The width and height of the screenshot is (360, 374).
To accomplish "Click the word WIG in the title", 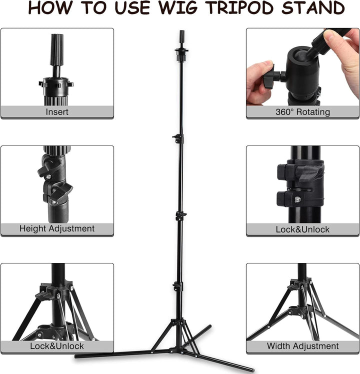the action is pyautogui.click(x=177, y=7).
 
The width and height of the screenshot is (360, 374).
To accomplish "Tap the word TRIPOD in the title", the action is pyautogui.click(x=240, y=7).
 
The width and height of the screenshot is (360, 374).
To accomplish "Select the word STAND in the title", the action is pyautogui.click(x=313, y=7).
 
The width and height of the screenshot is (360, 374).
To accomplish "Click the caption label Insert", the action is pyautogui.click(x=57, y=112).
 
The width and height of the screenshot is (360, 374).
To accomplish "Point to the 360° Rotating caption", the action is pyautogui.click(x=302, y=112).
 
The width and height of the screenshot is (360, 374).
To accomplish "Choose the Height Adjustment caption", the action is pyautogui.click(x=57, y=228).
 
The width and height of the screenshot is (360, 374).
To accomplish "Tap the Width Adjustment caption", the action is pyautogui.click(x=302, y=346).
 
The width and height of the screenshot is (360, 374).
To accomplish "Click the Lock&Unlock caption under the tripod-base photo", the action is pyautogui.click(x=57, y=346).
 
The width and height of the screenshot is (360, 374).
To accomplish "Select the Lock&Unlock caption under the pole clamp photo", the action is pyautogui.click(x=302, y=229).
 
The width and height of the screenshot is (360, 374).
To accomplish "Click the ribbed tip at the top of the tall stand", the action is pyautogui.click(x=182, y=36).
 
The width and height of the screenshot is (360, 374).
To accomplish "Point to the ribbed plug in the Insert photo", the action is pyautogui.click(x=57, y=49).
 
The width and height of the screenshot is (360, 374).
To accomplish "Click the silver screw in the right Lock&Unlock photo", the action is pyautogui.click(x=297, y=199).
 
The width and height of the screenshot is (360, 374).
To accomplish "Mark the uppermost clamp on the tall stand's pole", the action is pyautogui.click(x=178, y=138).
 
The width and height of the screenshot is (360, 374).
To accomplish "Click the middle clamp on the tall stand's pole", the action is pyautogui.click(x=181, y=215).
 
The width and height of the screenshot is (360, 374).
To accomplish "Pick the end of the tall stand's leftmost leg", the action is pyautogui.click(x=76, y=356).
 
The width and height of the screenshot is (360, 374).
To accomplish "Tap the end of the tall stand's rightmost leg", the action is pyautogui.click(x=252, y=370).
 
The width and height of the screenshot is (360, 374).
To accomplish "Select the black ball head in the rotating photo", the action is pyautogui.click(x=302, y=71).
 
